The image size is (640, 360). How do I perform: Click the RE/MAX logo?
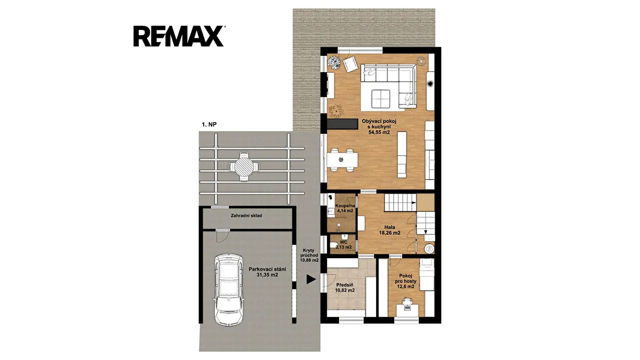[179, 36]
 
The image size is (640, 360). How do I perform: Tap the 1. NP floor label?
[209, 125]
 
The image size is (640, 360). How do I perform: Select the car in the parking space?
[229, 289]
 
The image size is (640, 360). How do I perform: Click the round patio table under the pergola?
[245, 166]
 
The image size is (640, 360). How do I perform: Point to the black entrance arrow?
[311, 279]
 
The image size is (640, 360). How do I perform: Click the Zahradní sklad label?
[246, 215]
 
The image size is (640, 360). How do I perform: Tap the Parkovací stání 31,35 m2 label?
[267, 272]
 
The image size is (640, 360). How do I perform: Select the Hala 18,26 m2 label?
[390, 230]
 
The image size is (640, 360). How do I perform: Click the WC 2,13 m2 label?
[343, 245]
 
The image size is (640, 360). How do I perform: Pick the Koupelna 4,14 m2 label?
[345, 209]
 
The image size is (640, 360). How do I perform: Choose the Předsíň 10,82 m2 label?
[345, 287]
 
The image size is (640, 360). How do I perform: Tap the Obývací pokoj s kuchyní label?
[379, 126]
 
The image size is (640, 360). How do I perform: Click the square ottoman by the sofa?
[381, 99]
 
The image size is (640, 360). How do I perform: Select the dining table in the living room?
[342, 161]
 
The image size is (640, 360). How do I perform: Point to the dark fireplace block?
[342, 124]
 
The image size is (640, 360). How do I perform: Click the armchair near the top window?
[350, 65]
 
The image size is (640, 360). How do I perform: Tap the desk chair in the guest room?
[407, 301]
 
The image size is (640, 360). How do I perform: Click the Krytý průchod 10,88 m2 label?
[309, 255]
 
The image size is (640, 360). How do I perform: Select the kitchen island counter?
[402, 155]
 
